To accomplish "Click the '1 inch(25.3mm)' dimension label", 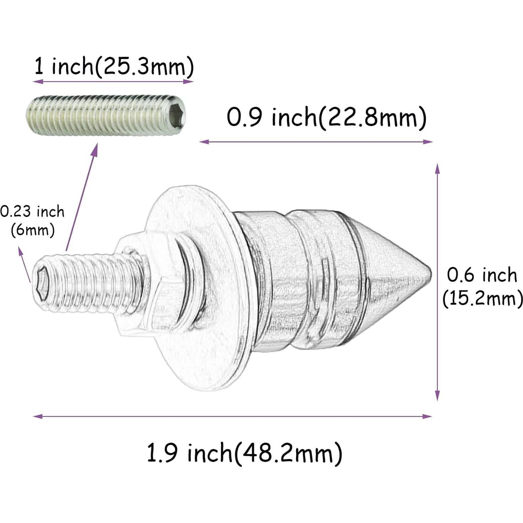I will pos(114,67).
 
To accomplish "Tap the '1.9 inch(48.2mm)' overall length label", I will pos(244,453).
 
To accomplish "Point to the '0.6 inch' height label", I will pos(481,275).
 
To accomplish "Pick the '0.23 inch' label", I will pos(32,212).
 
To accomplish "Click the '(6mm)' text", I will pos(33,230).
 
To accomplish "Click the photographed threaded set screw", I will pos(107,114).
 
